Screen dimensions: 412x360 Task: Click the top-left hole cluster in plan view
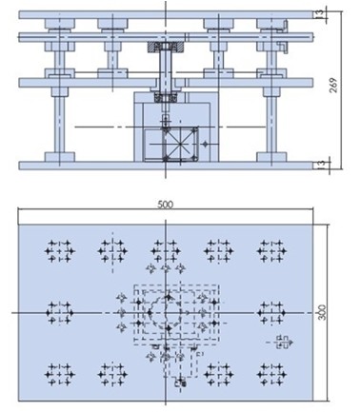click(58, 251)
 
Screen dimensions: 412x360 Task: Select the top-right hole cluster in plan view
click(269, 251)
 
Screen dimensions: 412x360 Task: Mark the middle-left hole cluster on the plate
click(58, 309)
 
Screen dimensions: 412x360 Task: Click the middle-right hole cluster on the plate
click(269, 309)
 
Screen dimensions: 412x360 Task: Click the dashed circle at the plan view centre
click(161, 311)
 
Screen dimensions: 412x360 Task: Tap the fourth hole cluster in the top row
click(216, 251)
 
